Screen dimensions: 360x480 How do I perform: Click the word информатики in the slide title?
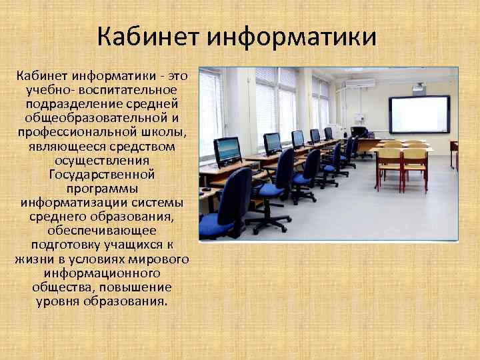(292, 37)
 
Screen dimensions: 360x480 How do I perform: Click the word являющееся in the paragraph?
(63, 146)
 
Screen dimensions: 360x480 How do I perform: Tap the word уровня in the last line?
(58, 301)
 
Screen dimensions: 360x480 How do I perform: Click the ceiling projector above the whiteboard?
(419, 86)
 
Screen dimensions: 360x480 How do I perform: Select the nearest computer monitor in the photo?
(227, 150)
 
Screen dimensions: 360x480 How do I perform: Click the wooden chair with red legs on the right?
(414, 163)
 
